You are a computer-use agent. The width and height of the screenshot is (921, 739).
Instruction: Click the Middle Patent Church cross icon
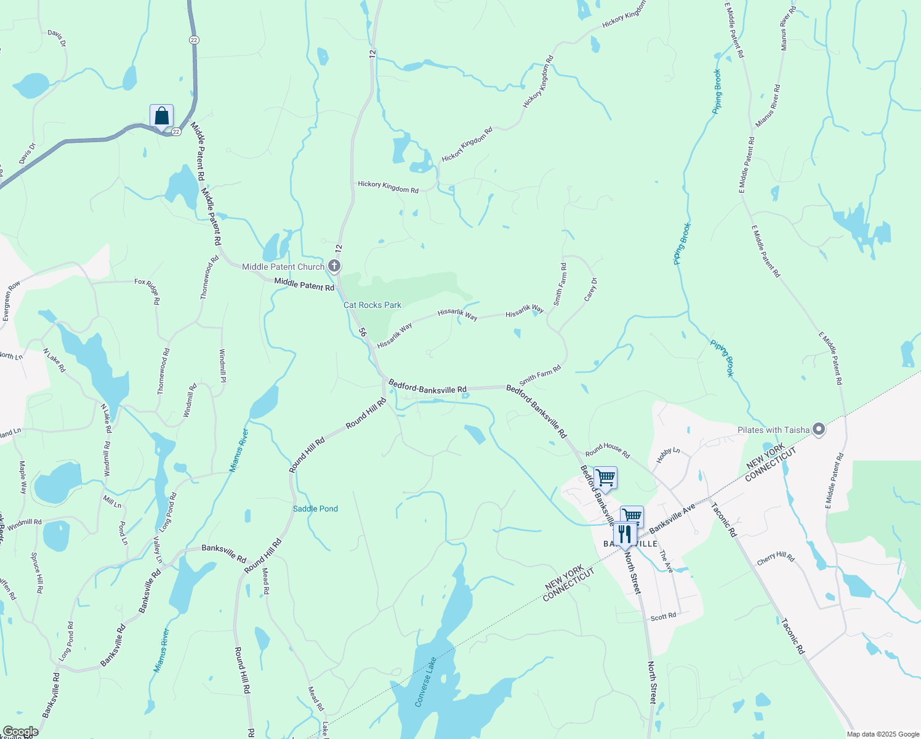(334, 266)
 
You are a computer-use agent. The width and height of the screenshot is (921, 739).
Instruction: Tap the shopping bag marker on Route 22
(161, 116)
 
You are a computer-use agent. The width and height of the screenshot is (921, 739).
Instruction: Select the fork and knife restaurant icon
(625, 533)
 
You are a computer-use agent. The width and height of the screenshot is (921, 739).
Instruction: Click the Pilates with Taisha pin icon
(818, 429)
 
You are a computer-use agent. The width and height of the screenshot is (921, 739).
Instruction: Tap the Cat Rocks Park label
(372, 305)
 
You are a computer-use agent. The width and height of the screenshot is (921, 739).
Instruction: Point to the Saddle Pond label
(315, 509)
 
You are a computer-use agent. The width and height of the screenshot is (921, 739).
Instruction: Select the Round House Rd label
(608, 450)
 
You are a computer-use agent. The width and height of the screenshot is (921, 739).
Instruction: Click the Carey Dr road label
(590, 290)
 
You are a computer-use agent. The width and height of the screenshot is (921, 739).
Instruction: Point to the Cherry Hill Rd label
(776, 559)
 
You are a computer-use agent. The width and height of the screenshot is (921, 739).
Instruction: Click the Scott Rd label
(663, 616)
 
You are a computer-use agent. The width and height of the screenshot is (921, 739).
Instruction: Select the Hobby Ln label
(668, 455)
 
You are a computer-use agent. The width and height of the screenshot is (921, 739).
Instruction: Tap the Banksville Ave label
(672, 519)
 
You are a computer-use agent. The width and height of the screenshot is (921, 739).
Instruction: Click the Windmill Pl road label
(223, 366)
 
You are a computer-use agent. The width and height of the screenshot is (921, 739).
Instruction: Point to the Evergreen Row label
(11, 301)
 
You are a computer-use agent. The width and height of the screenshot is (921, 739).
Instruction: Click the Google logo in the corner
(20, 732)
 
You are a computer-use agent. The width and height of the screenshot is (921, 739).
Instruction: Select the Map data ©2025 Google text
(883, 734)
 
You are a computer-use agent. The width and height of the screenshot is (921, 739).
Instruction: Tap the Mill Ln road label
(113, 502)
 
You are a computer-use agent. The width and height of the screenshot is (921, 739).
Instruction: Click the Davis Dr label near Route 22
(27, 155)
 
